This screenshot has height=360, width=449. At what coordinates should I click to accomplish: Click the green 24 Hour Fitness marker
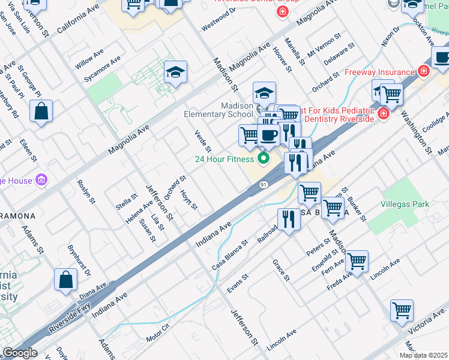[263, 159]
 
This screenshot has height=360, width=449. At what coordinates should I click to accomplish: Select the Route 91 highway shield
[264, 185]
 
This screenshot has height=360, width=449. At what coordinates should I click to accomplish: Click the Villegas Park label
[405, 204]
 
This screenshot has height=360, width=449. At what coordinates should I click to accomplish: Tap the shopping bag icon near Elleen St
[41, 112]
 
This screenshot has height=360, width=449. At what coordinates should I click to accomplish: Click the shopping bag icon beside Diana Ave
[65, 280]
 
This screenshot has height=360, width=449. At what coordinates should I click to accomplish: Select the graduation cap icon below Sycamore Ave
[175, 73]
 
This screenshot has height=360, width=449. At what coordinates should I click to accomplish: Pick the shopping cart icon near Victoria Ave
[402, 311]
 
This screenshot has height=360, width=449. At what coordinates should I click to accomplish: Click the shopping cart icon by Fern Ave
[357, 262]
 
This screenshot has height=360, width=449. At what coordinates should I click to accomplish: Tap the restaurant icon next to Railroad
[289, 220]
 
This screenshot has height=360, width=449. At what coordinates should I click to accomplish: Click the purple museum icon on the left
[41, 179]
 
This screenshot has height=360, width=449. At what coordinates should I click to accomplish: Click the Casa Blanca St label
[230, 255]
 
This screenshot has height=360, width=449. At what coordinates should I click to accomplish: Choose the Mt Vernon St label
[324, 44]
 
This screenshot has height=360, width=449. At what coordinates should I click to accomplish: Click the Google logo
[20, 353]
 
